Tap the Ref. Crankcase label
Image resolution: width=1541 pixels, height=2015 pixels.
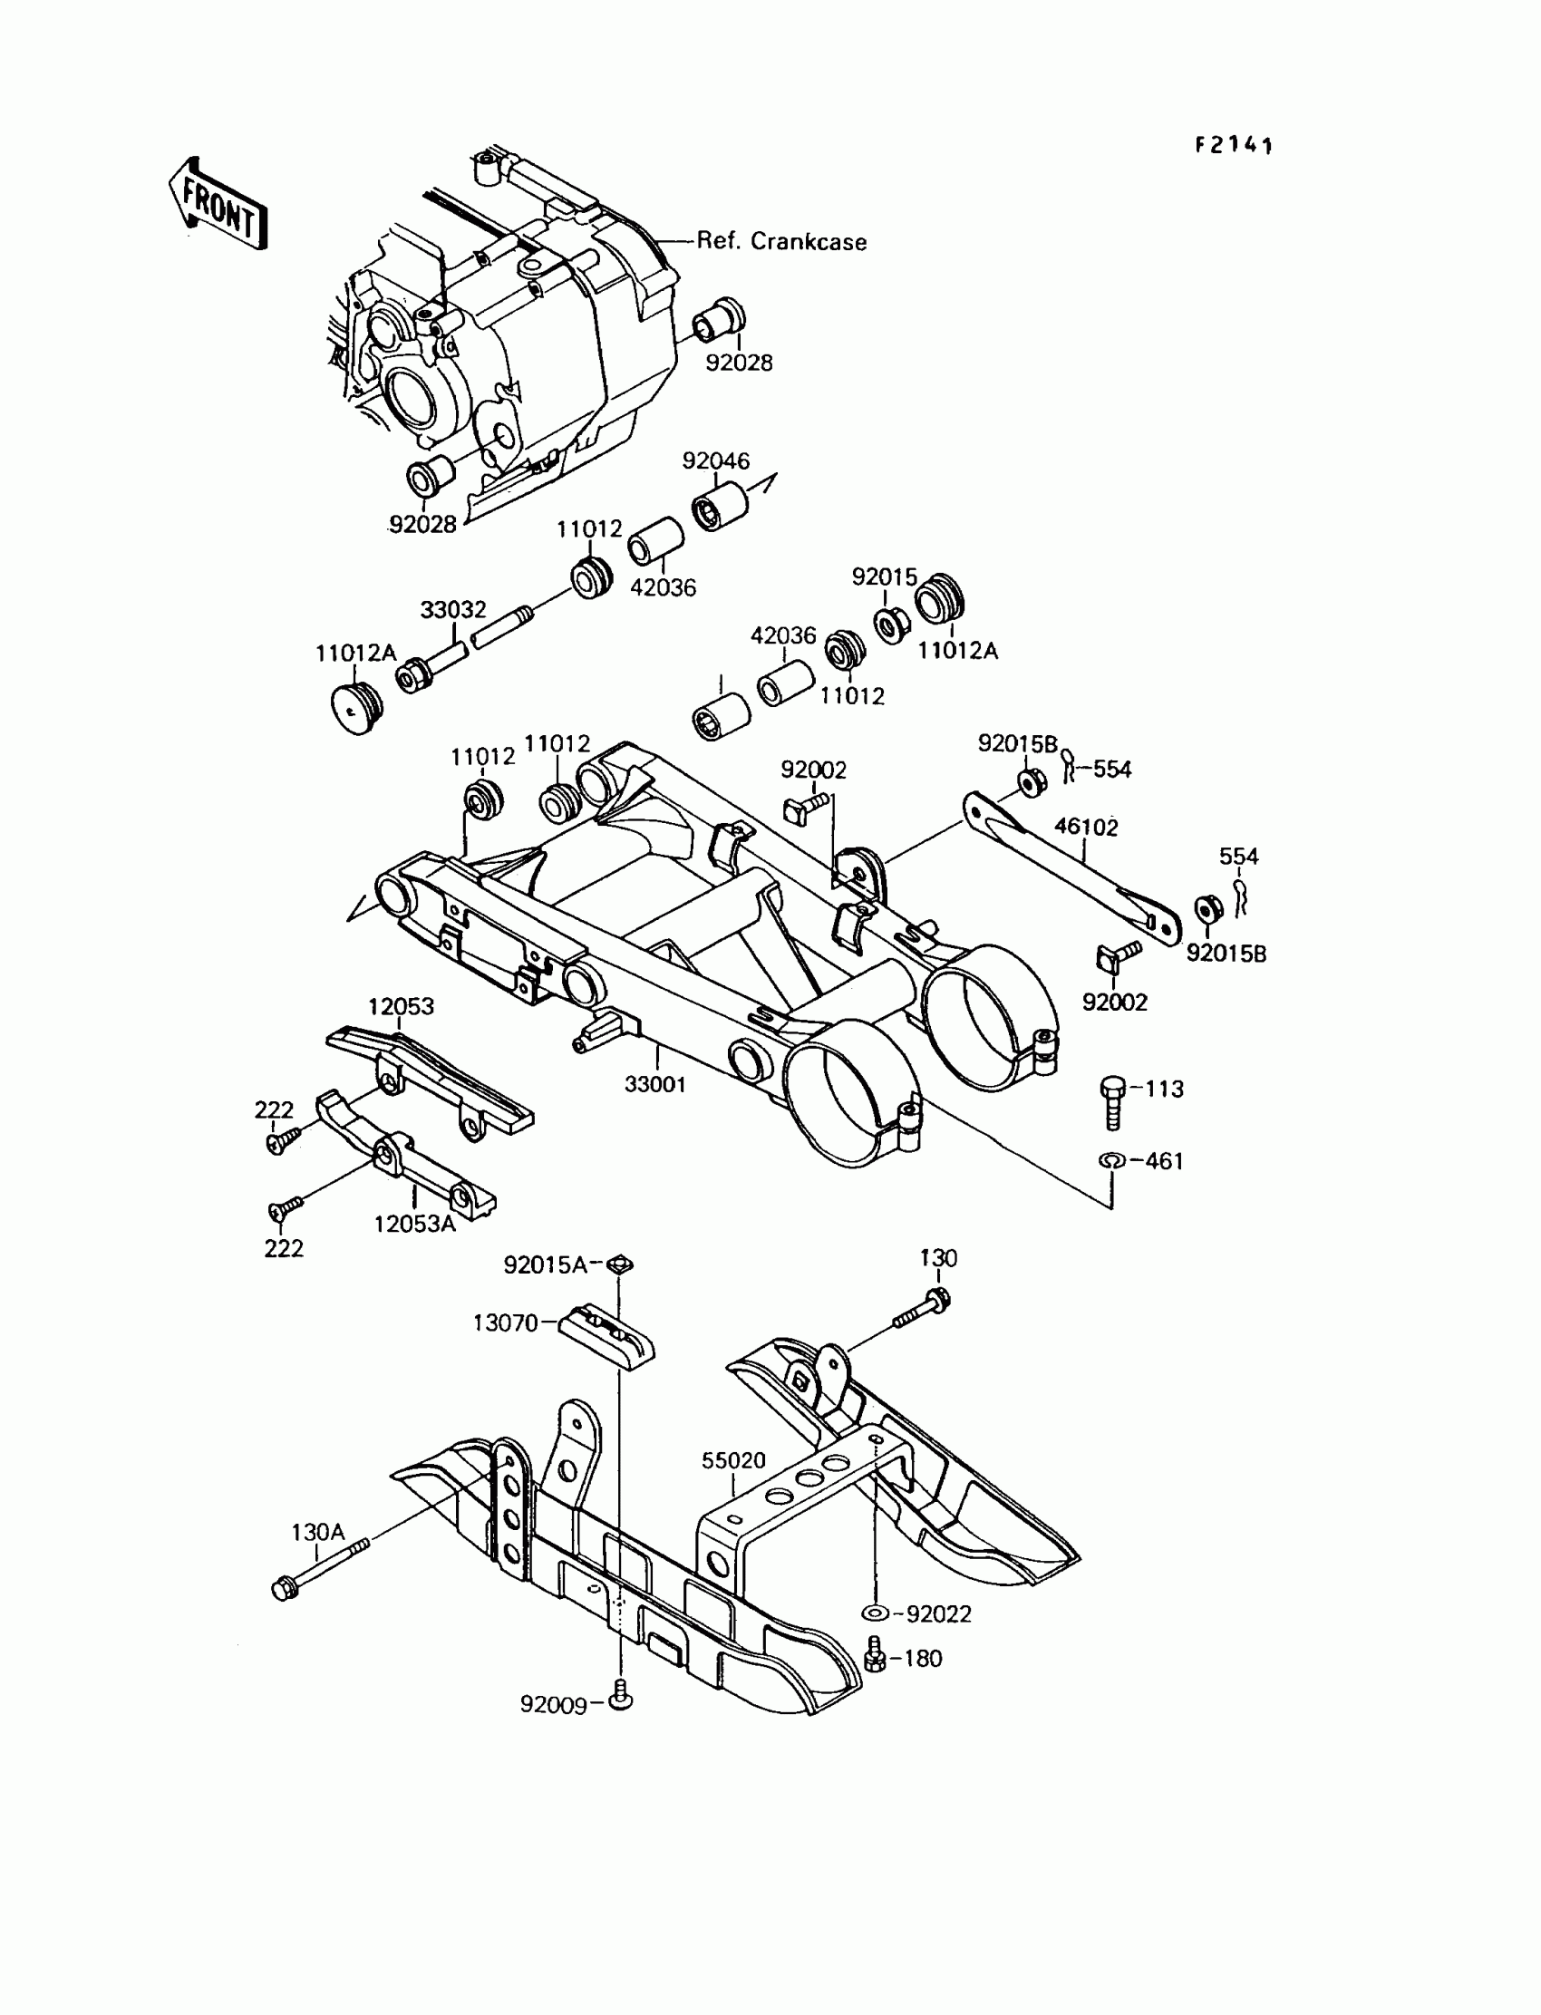(781, 242)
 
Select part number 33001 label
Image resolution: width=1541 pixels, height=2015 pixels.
(654, 1084)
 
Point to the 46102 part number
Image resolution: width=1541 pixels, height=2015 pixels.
(1086, 827)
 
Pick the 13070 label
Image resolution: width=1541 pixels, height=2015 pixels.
(506, 1323)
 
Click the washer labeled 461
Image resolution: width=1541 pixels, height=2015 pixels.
(1110, 1161)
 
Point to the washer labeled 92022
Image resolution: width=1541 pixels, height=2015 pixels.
(875, 1613)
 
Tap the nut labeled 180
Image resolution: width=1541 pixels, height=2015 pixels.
(874, 1660)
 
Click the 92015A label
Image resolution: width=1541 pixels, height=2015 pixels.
(545, 1265)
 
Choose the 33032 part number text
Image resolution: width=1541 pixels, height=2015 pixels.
(453, 610)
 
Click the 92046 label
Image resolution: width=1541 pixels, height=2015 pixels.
(715, 461)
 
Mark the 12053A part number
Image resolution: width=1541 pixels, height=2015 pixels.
(414, 1224)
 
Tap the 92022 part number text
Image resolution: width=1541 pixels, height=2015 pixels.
(938, 1614)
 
